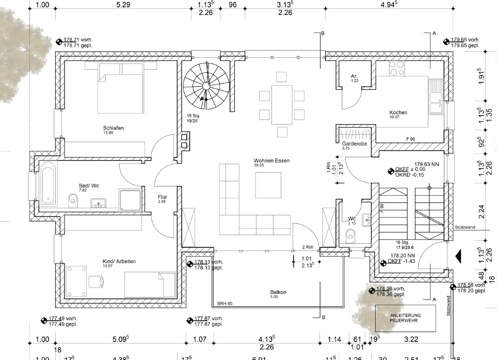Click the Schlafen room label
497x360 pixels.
pos(113,128)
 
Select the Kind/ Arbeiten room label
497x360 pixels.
pos(119,261)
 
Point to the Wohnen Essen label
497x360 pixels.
pos(271,161)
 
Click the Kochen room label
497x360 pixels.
pos(398,112)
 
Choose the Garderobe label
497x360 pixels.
pos(354,144)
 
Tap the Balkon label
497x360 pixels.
pos(278,292)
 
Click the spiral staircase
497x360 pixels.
pos(206,85)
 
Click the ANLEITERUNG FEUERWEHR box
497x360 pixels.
pos(405,318)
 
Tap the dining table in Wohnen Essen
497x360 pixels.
pos(282,105)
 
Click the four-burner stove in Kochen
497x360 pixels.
pos(397,69)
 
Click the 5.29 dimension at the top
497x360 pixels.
pos(123,5)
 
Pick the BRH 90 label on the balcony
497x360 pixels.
pos(225,303)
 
